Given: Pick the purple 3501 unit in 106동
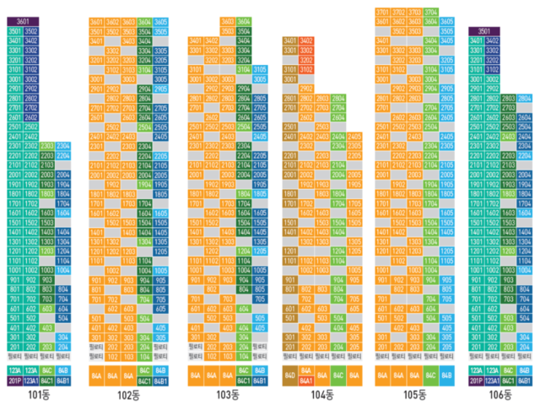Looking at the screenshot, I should [485, 31].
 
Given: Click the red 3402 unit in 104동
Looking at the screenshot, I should [306, 40].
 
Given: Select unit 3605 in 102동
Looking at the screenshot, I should [161, 22].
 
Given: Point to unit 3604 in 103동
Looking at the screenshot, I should [244, 22].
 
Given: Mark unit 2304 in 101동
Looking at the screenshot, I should [63, 146].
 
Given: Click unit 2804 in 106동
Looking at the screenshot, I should [524, 99].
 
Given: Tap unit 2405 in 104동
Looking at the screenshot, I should [354, 136].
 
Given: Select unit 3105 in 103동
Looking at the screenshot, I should [260, 70].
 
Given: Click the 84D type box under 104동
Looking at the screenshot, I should [289, 375].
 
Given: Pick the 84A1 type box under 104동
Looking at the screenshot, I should [306, 381].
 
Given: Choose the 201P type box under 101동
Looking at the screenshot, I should [14, 381].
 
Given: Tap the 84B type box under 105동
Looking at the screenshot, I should [447, 375].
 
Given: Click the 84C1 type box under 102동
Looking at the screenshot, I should [145, 381].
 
